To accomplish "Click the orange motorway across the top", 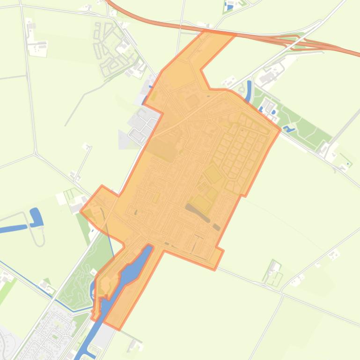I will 154,21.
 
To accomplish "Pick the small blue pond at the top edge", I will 229,6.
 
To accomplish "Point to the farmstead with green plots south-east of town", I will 274,274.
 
